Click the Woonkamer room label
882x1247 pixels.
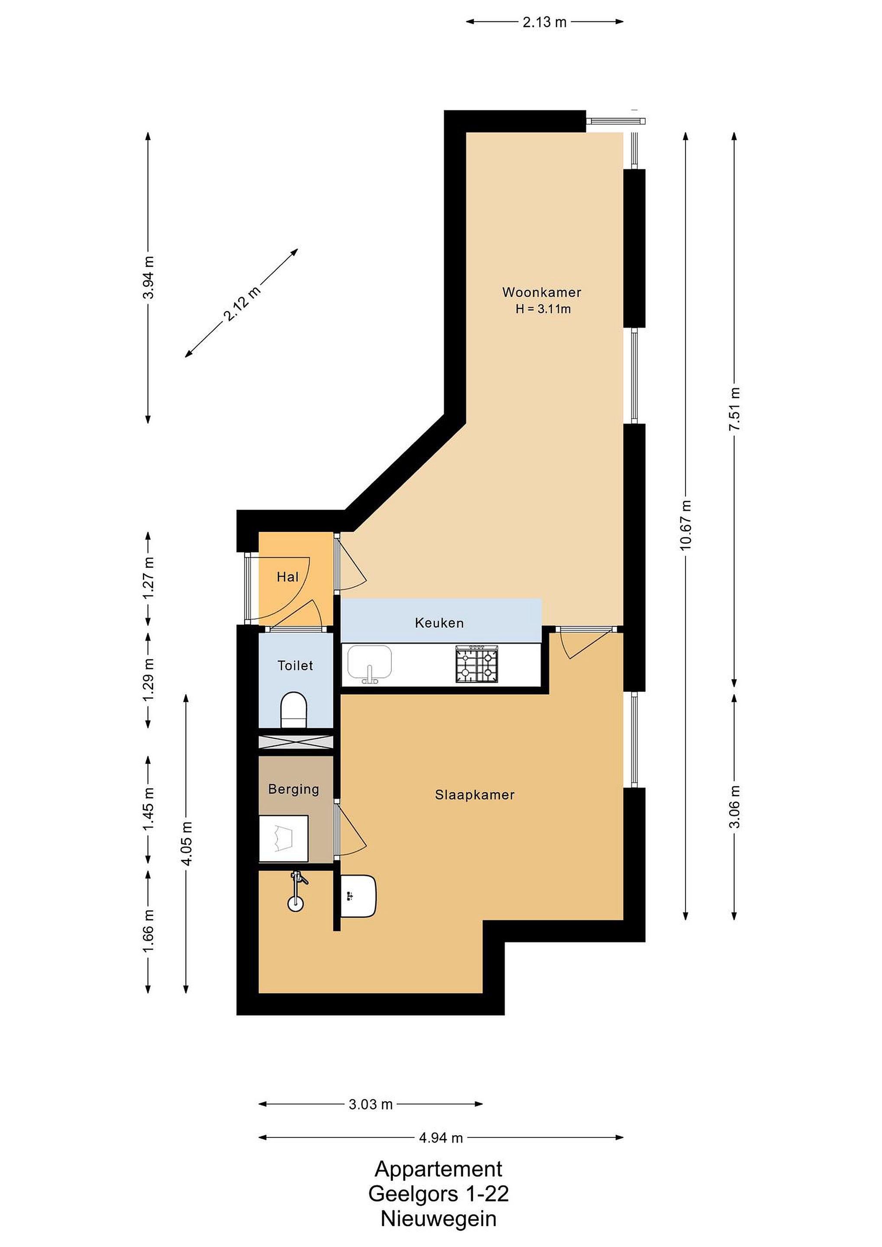point(542,292)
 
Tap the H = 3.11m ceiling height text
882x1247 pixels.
point(543,309)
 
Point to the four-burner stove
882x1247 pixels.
point(477,663)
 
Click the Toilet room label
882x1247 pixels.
point(295,665)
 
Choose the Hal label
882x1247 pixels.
point(288,577)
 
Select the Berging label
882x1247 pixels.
point(294,789)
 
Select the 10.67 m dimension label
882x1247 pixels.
point(686,525)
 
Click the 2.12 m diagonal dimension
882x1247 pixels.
point(242,303)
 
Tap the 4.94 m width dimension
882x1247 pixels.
point(441,1137)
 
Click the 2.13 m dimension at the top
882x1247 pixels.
point(545,22)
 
